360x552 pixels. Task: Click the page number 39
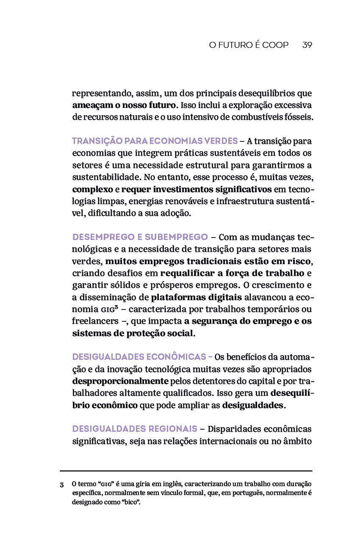[307, 45]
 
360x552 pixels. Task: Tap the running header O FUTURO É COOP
[249, 45]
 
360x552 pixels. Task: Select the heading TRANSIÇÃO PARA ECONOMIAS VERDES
[155, 141]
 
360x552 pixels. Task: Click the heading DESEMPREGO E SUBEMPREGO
[140, 237]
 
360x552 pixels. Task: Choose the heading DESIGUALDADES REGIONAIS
[134, 429]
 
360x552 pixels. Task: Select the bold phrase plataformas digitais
[197, 297]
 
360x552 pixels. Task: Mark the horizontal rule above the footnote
[186, 471]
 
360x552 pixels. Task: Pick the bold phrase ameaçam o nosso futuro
[123, 105]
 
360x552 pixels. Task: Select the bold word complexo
[92, 189]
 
